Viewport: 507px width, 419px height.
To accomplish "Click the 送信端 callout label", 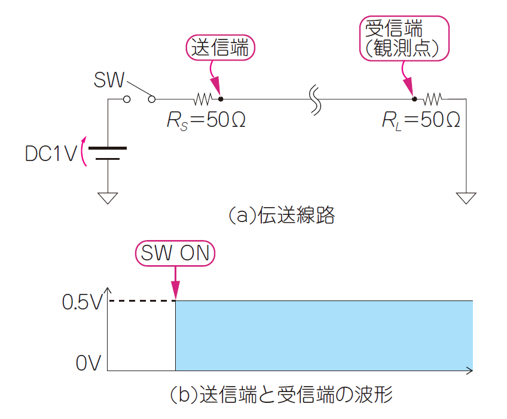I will [x=221, y=48].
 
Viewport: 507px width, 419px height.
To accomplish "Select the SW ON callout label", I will [x=175, y=254].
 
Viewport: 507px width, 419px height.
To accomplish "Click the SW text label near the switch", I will [x=109, y=80].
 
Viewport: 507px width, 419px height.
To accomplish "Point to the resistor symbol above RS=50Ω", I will [x=203, y=98].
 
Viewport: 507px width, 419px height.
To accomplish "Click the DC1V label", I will [x=51, y=154].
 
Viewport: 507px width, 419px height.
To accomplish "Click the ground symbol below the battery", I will [x=108, y=198].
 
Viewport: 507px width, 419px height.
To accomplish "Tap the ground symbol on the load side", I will [x=466, y=198].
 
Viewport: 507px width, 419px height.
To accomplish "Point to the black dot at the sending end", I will [x=221, y=98].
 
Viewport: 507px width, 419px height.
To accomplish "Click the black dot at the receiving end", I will [x=414, y=98].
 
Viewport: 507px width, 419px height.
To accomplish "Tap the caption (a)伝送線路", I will [x=282, y=215].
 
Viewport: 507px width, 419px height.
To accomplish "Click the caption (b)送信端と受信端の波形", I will [x=281, y=395].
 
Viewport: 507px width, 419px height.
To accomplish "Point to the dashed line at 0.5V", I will [x=141, y=300].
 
